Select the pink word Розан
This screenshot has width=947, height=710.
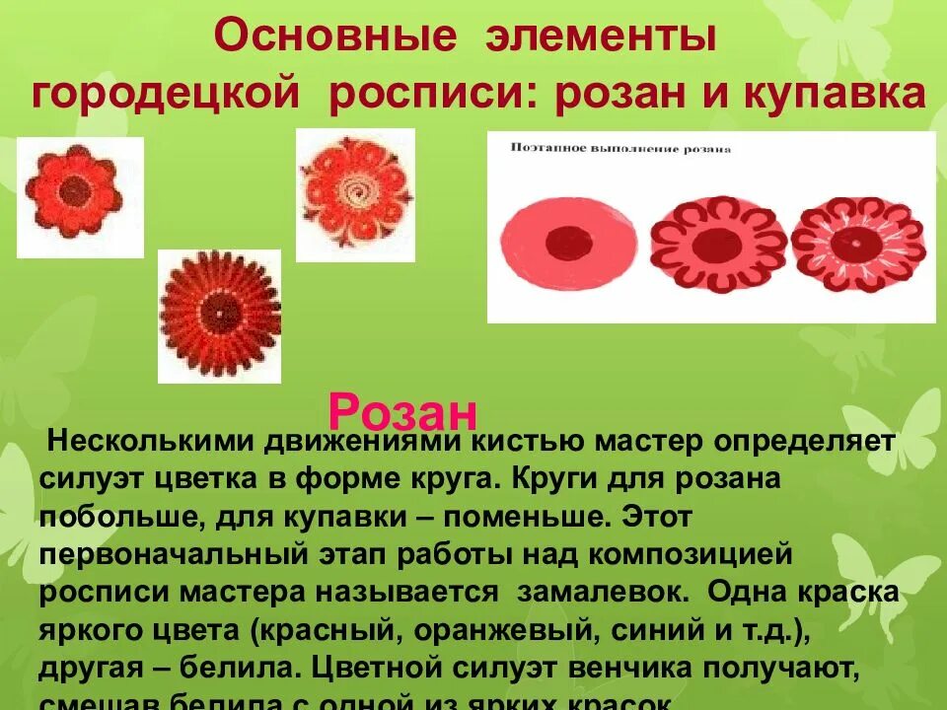[402, 409]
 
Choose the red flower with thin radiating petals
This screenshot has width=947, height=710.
[219, 314]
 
